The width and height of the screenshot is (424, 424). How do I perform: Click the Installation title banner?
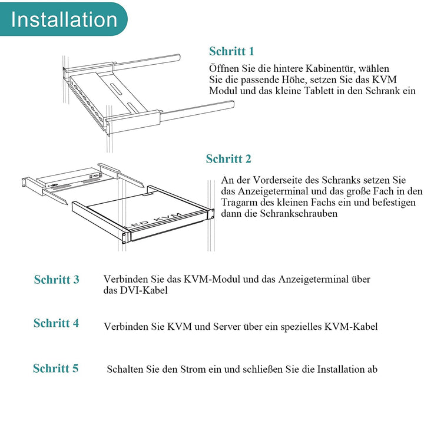point(64,19)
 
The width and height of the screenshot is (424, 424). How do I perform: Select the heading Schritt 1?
point(231,51)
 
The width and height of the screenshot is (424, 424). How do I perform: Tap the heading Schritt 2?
point(228,159)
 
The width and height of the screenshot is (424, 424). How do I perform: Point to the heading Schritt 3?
point(57,280)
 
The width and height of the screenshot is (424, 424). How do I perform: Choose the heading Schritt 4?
point(56,323)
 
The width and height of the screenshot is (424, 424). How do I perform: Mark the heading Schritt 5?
point(55,369)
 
